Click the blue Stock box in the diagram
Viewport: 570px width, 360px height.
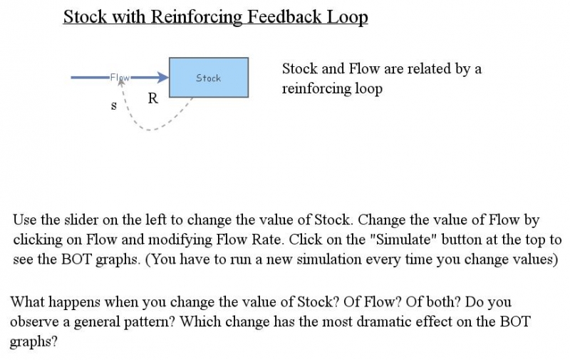coord(208,78)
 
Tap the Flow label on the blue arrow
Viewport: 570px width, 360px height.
coord(120,77)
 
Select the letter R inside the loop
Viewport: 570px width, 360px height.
coord(152,99)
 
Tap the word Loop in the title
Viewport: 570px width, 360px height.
coord(348,16)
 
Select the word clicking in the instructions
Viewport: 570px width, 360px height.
coord(38,240)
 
